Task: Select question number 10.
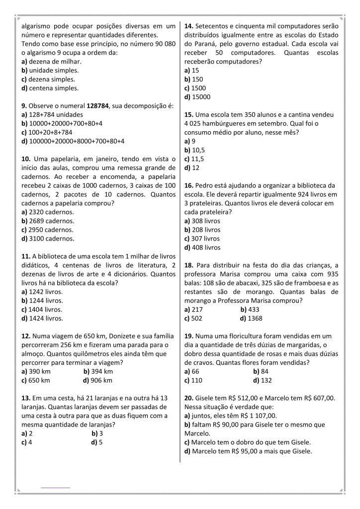[x=27, y=159]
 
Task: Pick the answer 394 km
[x=101, y=371]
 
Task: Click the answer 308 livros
[x=205, y=221]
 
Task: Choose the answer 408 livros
[x=205, y=247]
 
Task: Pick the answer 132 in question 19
[x=266, y=380]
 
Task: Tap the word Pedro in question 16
[x=205, y=185]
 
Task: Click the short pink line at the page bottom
[x=55, y=488]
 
